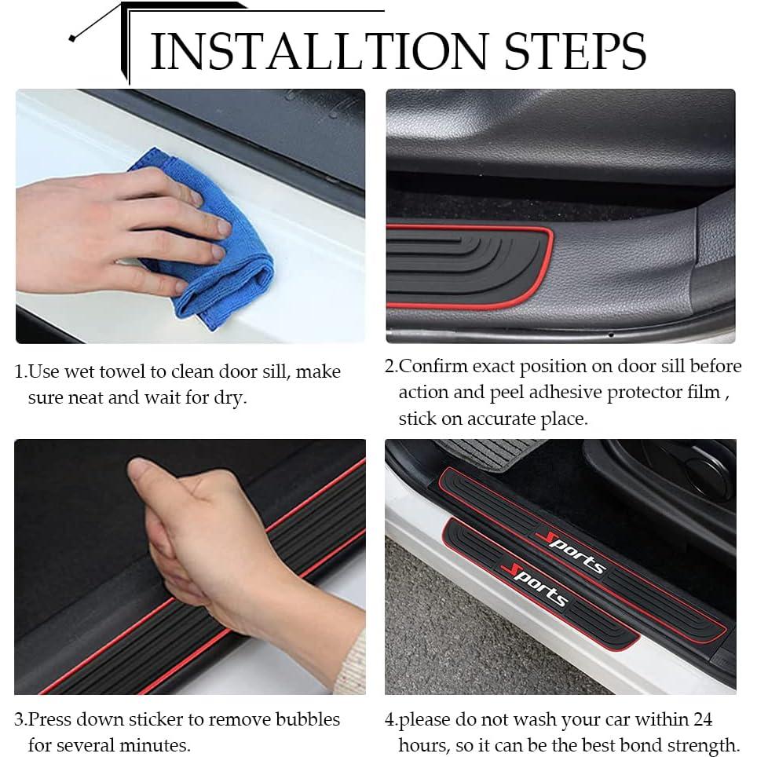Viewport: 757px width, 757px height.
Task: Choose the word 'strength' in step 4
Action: pos(704,744)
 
